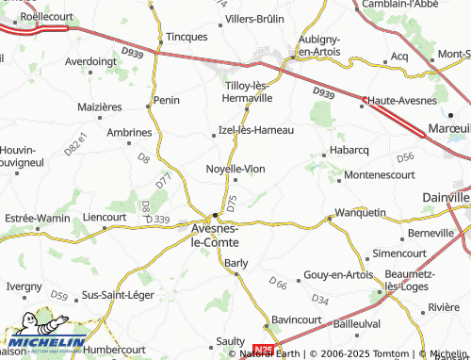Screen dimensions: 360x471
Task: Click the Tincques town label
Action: click(187, 37)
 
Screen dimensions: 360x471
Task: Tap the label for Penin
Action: click(167, 99)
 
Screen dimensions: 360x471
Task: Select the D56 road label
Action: click(405, 157)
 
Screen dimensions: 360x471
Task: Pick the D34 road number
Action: click(320, 300)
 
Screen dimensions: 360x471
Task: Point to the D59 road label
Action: click(59, 296)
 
